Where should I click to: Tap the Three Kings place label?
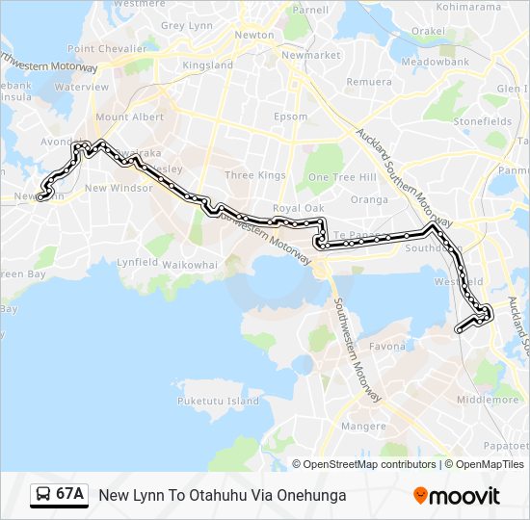254,175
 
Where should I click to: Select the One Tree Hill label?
341,177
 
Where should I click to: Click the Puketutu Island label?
219,400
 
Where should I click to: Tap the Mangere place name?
362,426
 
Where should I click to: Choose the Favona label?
387,347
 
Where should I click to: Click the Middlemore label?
488,399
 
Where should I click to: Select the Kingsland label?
208,65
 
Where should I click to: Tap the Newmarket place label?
309,56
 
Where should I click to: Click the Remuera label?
368,82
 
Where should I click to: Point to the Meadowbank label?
435,62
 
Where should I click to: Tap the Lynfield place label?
137,262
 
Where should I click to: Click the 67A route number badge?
59,495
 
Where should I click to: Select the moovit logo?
457,496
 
